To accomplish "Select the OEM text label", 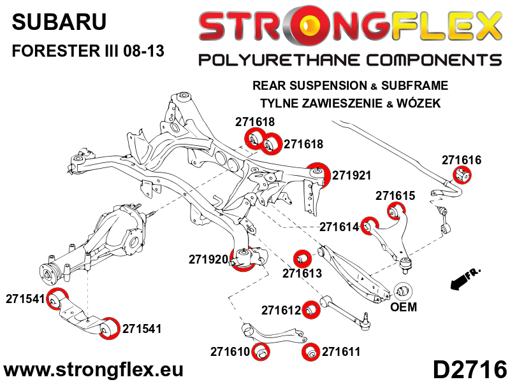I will coord(403,308).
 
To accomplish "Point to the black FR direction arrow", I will coord(463,279).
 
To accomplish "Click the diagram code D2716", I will coord(470,369).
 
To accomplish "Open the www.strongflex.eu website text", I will coord(94,369).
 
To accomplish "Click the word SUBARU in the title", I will coord(59,22).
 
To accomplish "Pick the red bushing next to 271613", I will coord(302,258).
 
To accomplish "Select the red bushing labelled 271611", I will coord(312,351).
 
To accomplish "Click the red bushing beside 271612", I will coord(310,309).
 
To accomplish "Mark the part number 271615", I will coord(395,196).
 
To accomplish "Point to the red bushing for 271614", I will coord(368,225).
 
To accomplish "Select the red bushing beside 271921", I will coord(317,173).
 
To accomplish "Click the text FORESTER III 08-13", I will coord(88,52).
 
